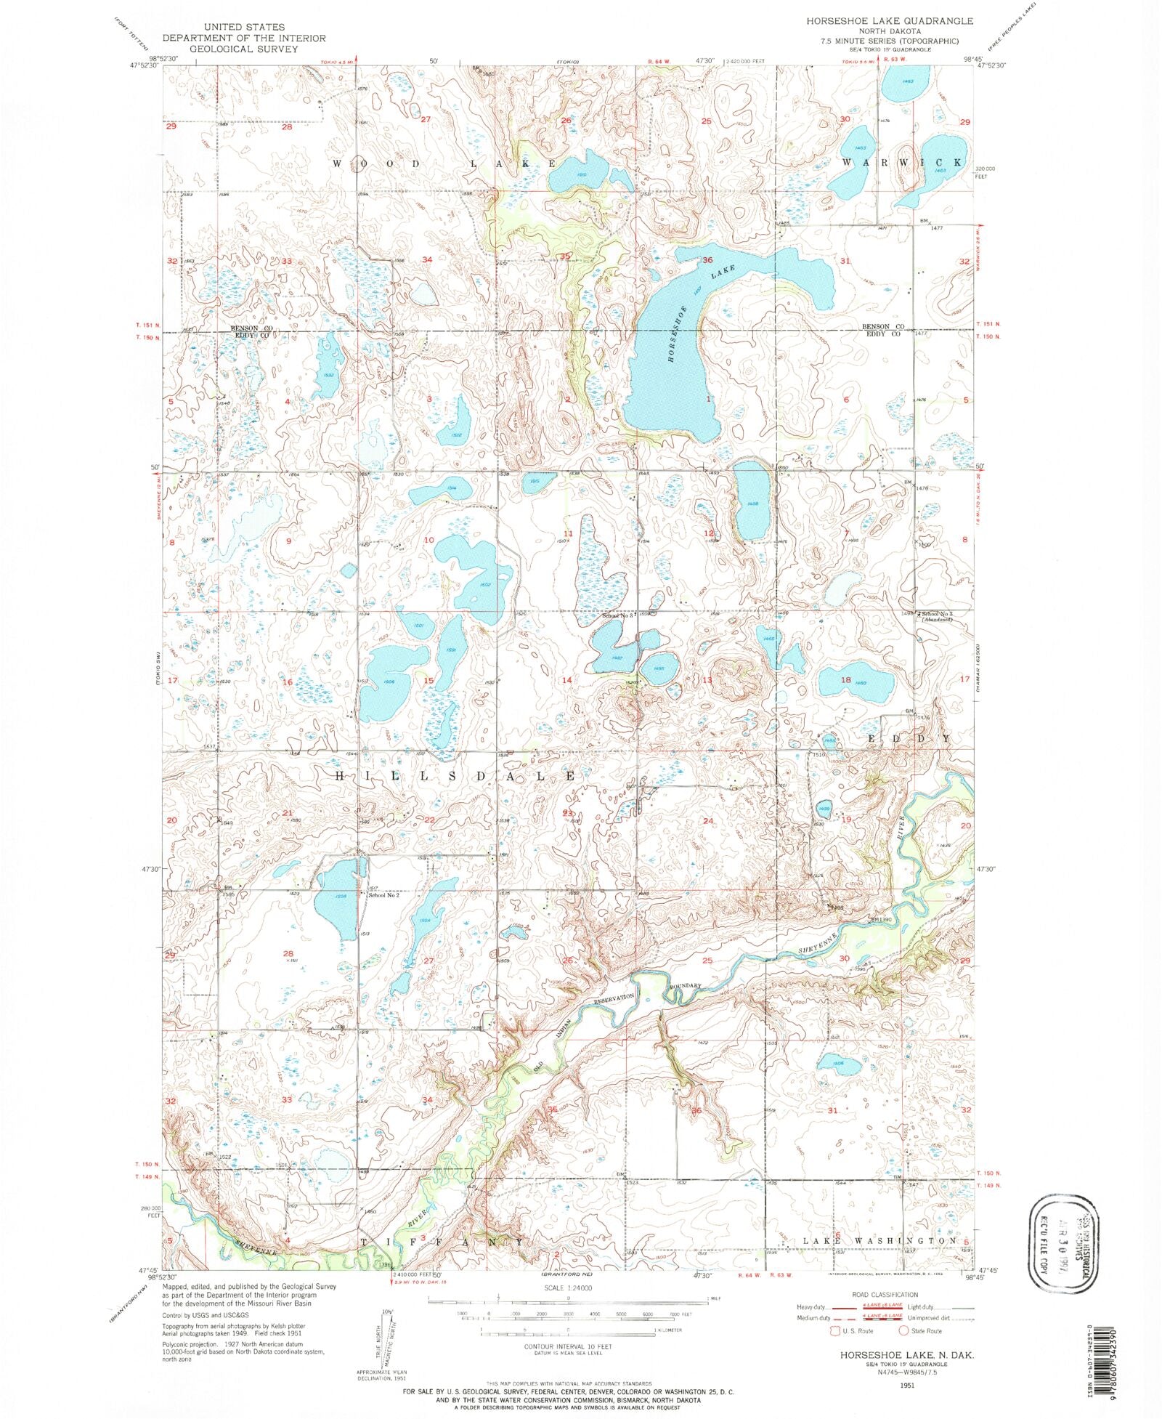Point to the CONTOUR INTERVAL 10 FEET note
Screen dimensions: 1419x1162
(x=568, y=1346)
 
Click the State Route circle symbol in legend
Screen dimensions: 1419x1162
(x=903, y=1331)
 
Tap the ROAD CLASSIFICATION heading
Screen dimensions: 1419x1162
(x=885, y=1295)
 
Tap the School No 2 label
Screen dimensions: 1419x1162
(x=384, y=895)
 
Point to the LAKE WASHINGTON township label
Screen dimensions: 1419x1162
(x=877, y=1241)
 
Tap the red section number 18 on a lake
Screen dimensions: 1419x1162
(x=845, y=680)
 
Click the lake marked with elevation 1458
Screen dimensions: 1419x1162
(x=752, y=501)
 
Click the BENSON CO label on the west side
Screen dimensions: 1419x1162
(x=251, y=328)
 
